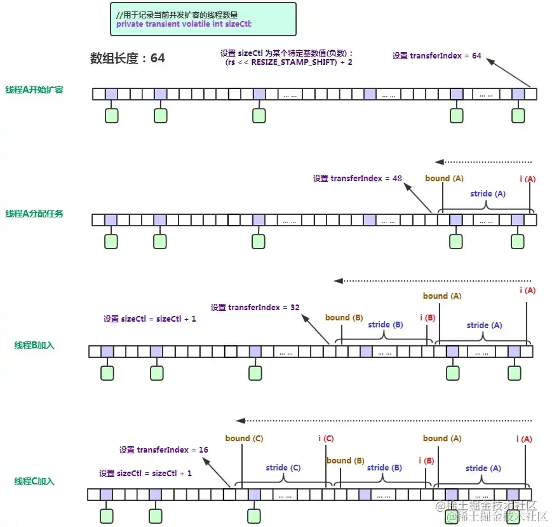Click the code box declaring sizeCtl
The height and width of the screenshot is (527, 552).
(203, 19)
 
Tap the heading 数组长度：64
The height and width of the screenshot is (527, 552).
(128, 58)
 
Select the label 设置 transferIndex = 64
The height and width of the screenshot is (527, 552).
(437, 56)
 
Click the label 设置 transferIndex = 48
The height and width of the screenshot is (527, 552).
(358, 179)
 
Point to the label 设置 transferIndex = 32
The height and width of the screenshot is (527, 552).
(255, 307)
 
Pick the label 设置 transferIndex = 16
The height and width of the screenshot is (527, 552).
(164, 450)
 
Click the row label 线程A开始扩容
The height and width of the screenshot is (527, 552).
(34, 90)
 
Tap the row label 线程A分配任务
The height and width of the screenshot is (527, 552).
(34, 214)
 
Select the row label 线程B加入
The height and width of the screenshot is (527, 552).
(35, 345)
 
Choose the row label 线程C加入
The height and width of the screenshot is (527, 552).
(35, 481)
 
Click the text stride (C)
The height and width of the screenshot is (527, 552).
(283, 468)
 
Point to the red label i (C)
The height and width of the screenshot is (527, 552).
(326, 439)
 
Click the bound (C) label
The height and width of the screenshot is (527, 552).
(244, 439)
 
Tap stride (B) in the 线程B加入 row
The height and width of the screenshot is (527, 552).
(386, 325)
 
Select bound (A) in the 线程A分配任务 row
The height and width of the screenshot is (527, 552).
(445, 179)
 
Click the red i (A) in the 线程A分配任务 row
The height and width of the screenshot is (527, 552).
(527, 179)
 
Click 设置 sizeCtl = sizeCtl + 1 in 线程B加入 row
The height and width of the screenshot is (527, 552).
(150, 319)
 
